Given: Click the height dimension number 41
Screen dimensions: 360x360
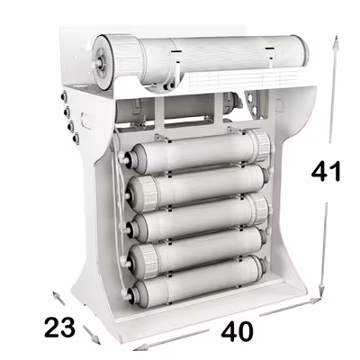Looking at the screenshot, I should pyautogui.click(x=325, y=170).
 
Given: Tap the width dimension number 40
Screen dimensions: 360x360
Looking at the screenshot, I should pyautogui.click(x=236, y=330).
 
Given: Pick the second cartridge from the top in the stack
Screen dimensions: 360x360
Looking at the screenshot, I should pyautogui.click(x=193, y=186).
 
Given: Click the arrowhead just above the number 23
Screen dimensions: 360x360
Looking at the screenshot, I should pyautogui.click(x=55, y=294).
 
